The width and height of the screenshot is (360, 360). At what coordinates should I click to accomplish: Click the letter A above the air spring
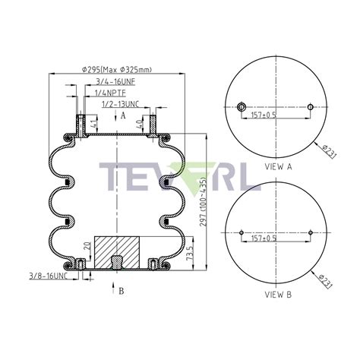123,115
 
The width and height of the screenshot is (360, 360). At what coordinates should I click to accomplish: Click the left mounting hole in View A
241,106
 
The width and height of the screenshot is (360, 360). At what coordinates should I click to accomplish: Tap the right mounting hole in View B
312,232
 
